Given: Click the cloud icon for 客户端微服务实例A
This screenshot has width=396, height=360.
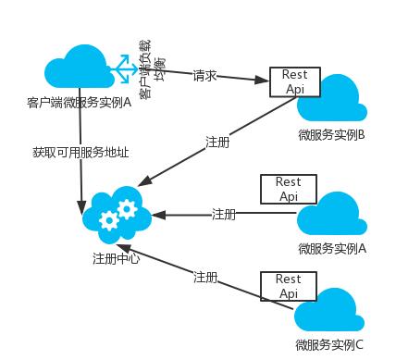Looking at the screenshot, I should pyautogui.click(x=78, y=68).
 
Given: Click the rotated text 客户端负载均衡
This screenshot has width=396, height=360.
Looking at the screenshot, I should pyautogui.click(x=151, y=65).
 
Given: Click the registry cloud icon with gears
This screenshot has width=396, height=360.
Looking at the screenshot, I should pyautogui.click(x=118, y=214).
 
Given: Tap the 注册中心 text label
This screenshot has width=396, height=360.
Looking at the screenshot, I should pyautogui.click(x=117, y=257).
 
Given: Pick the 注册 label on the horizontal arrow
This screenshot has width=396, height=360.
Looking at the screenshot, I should pyautogui.click(x=224, y=214).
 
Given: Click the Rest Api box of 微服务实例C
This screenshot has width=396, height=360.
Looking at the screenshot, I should pyautogui.click(x=289, y=285).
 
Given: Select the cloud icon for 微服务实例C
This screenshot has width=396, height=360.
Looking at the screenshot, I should pyautogui.click(x=329, y=315).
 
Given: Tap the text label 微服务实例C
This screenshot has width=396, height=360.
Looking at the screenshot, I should pyautogui.click(x=329, y=346).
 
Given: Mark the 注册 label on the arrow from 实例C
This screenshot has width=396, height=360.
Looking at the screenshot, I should pyautogui.click(x=205, y=277).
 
